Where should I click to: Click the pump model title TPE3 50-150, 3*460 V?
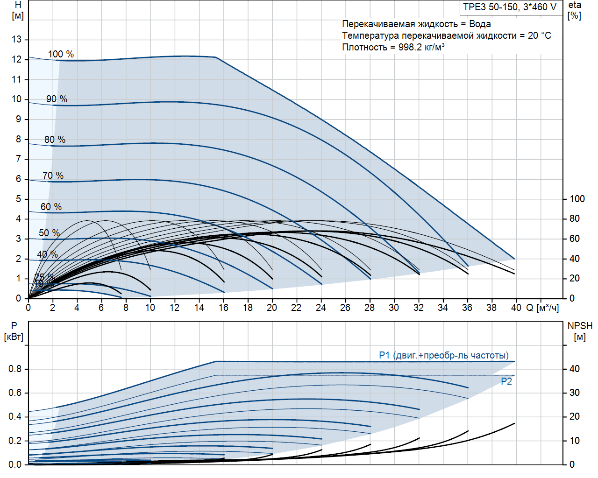[x=510, y=7]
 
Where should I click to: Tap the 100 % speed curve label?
[x=61, y=54]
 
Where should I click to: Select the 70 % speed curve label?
[x=53, y=176]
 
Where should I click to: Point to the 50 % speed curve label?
[x=49, y=233]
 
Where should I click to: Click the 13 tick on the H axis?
[x=17, y=39]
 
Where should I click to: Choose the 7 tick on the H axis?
[x=19, y=159]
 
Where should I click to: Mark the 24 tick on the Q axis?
[x=320, y=308]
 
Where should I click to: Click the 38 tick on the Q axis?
[x=491, y=308]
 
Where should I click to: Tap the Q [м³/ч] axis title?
[x=542, y=308]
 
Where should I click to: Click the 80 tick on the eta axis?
[x=574, y=218]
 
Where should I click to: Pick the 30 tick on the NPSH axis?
[x=574, y=393]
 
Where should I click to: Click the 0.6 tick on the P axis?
[x=15, y=393]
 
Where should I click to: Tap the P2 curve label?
[x=506, y=381]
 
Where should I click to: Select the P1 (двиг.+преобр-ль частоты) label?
[x=444, y=356]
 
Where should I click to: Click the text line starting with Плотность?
[x=393, y=47]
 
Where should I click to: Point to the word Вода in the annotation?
[x=480, y=24]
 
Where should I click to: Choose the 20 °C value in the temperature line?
[x=540, y=35]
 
